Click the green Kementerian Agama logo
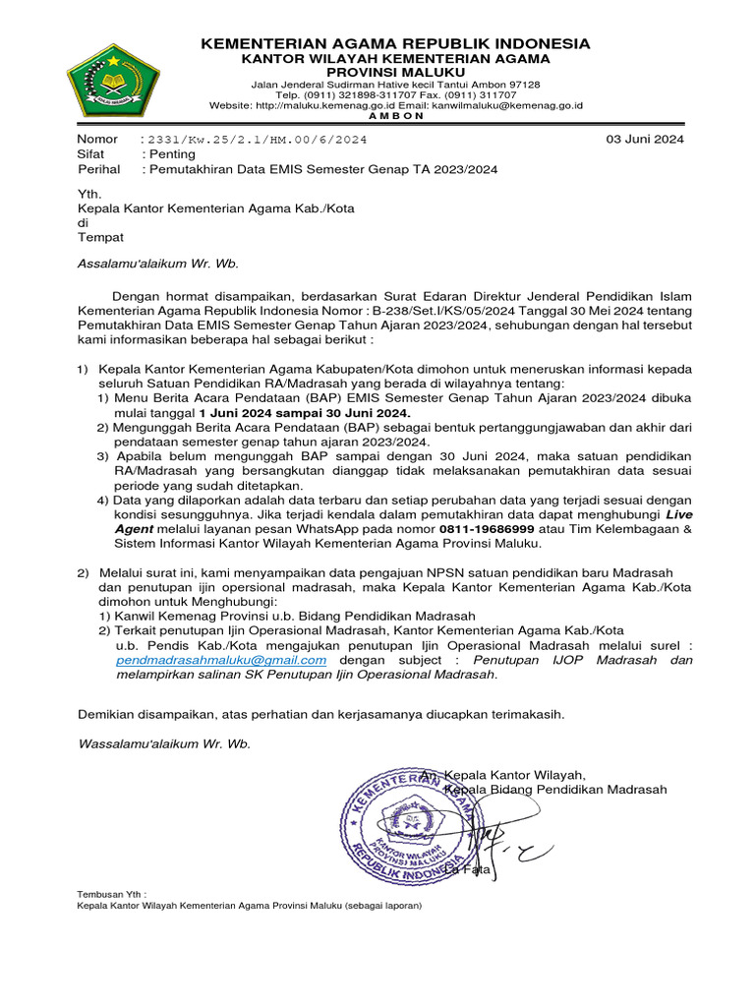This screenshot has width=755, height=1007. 112,81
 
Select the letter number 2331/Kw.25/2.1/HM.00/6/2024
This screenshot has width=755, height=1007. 257,140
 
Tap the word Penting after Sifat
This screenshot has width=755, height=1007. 171,154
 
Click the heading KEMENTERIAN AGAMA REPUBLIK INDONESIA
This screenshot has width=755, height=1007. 395,43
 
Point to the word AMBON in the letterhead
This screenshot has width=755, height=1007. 395,115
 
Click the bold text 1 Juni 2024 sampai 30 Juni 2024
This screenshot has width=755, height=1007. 304,413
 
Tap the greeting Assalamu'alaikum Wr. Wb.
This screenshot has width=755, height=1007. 157,264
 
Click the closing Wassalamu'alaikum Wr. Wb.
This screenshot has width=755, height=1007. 163,743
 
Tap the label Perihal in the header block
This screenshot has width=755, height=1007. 97,169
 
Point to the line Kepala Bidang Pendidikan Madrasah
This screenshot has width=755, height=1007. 556,790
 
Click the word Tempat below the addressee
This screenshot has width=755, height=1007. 100,237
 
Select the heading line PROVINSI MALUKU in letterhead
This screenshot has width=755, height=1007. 395,73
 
